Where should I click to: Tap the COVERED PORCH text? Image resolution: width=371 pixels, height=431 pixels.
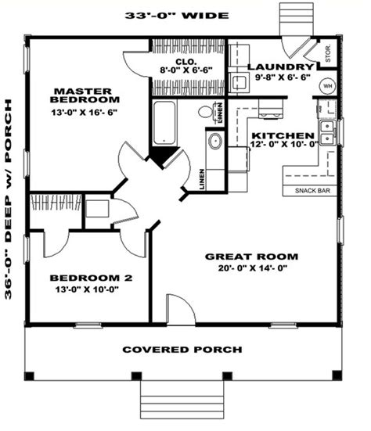[x=182, y=349]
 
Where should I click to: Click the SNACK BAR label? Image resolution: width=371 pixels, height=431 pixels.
[x=312, y=191]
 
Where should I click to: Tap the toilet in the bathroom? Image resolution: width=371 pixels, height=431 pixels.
[x=207, y=112]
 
